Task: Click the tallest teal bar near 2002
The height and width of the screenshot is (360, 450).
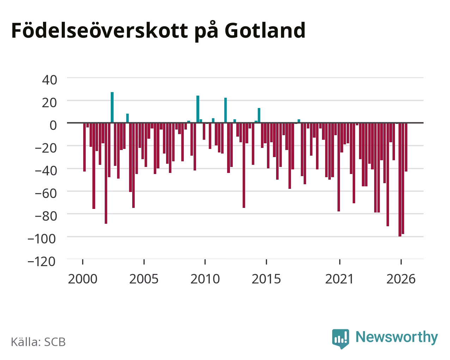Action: tap(112, 107)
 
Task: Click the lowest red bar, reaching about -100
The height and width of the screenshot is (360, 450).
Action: tap(400, 180)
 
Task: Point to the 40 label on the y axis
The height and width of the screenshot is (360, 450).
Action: tap(50, 80)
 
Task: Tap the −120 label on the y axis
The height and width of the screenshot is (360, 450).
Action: tap(42, 262)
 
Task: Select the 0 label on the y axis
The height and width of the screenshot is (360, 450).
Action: tap(53, 125)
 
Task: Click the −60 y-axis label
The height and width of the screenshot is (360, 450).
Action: tap(46, 193)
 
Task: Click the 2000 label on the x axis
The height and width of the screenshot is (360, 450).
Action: tap(83, 279)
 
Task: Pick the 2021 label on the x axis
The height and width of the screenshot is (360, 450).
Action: tap(339, 279)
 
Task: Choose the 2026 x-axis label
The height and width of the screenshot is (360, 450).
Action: tap(401, 279)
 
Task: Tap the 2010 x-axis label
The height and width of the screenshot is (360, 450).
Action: tap(205, 279)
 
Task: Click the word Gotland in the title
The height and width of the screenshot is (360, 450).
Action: tap(265, 31)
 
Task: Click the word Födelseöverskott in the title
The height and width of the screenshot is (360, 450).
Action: tap(100, 30)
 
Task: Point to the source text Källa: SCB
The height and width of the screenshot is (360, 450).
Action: tap(38, 342)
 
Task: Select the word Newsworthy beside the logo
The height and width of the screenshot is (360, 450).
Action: tap(397, 337)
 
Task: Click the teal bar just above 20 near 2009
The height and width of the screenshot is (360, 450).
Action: tap(198, 109)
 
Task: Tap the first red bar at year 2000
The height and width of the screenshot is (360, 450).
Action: tap(85, 147)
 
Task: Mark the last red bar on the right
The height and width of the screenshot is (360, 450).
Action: tap(406, 147)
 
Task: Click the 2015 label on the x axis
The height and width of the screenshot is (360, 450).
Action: tap(266, 279)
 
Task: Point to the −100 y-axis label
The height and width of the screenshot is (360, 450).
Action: tap(42, 239)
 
